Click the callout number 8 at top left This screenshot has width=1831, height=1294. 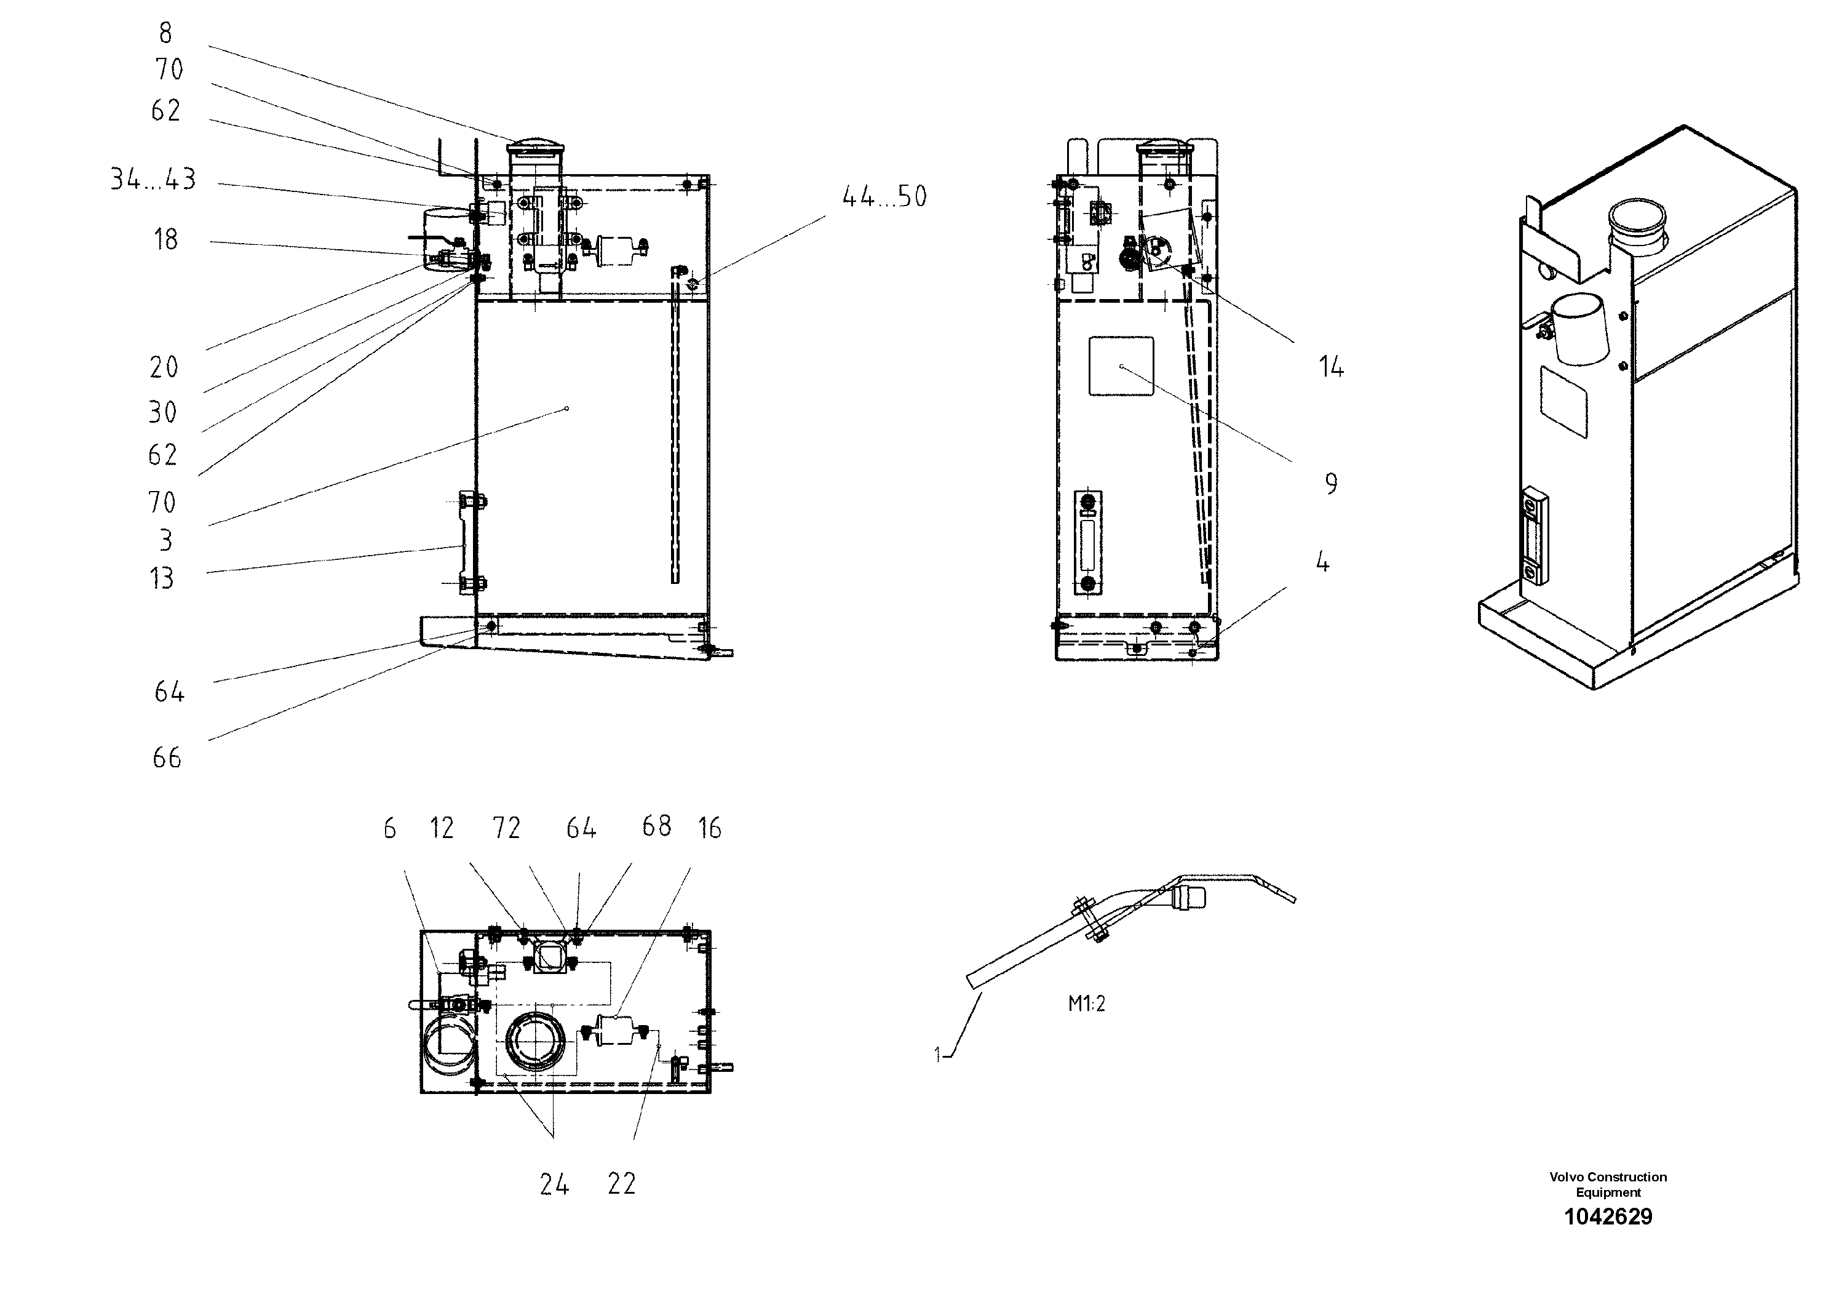[165, 33]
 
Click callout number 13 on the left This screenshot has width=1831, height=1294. [162, 578]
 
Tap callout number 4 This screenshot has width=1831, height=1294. [1322, 563]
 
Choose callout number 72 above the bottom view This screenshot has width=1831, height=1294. [506, 829]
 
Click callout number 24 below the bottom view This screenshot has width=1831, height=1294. [554, 1184]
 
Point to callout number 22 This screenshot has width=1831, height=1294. [621, 1184]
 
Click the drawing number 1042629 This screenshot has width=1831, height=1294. [1608, 1216]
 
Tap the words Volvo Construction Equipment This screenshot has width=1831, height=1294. [1608, 1184]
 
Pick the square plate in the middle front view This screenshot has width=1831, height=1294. [1121, 365]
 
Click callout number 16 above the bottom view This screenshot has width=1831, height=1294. [709, 829]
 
